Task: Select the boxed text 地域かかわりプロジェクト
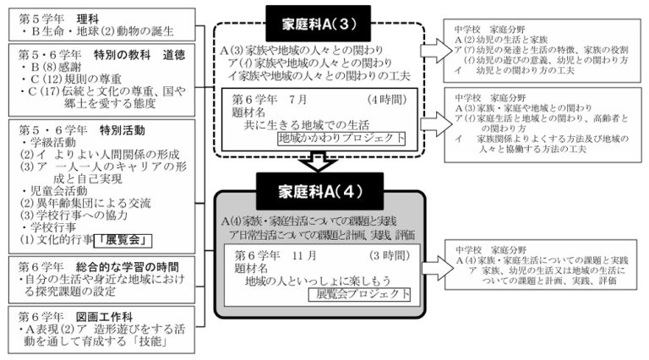(341, 138)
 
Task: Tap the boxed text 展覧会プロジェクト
(358, 295)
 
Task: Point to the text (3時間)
(390, 254)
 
